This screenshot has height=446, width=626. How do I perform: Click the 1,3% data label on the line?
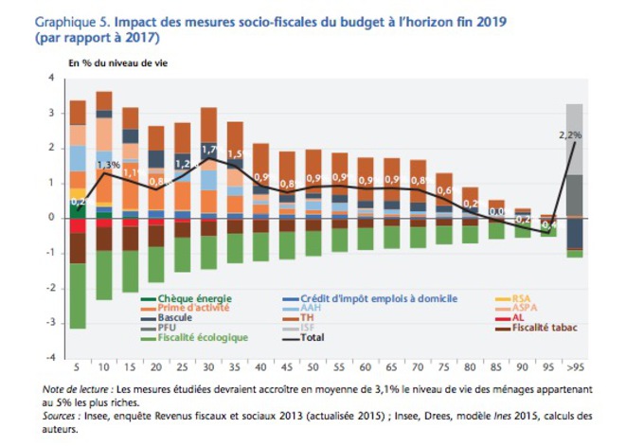pyautogui.click(x=108, y=165)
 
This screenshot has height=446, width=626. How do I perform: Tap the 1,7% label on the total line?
pyautogui.click(x=210, y=149)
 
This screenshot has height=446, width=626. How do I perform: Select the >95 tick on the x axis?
pyautogui.click(x=574, y=366)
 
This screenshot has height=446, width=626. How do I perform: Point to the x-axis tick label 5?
pyautogui.click(x=78, y=366)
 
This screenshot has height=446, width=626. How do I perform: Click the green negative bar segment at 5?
pyautogui.click(x=78, y=295)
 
